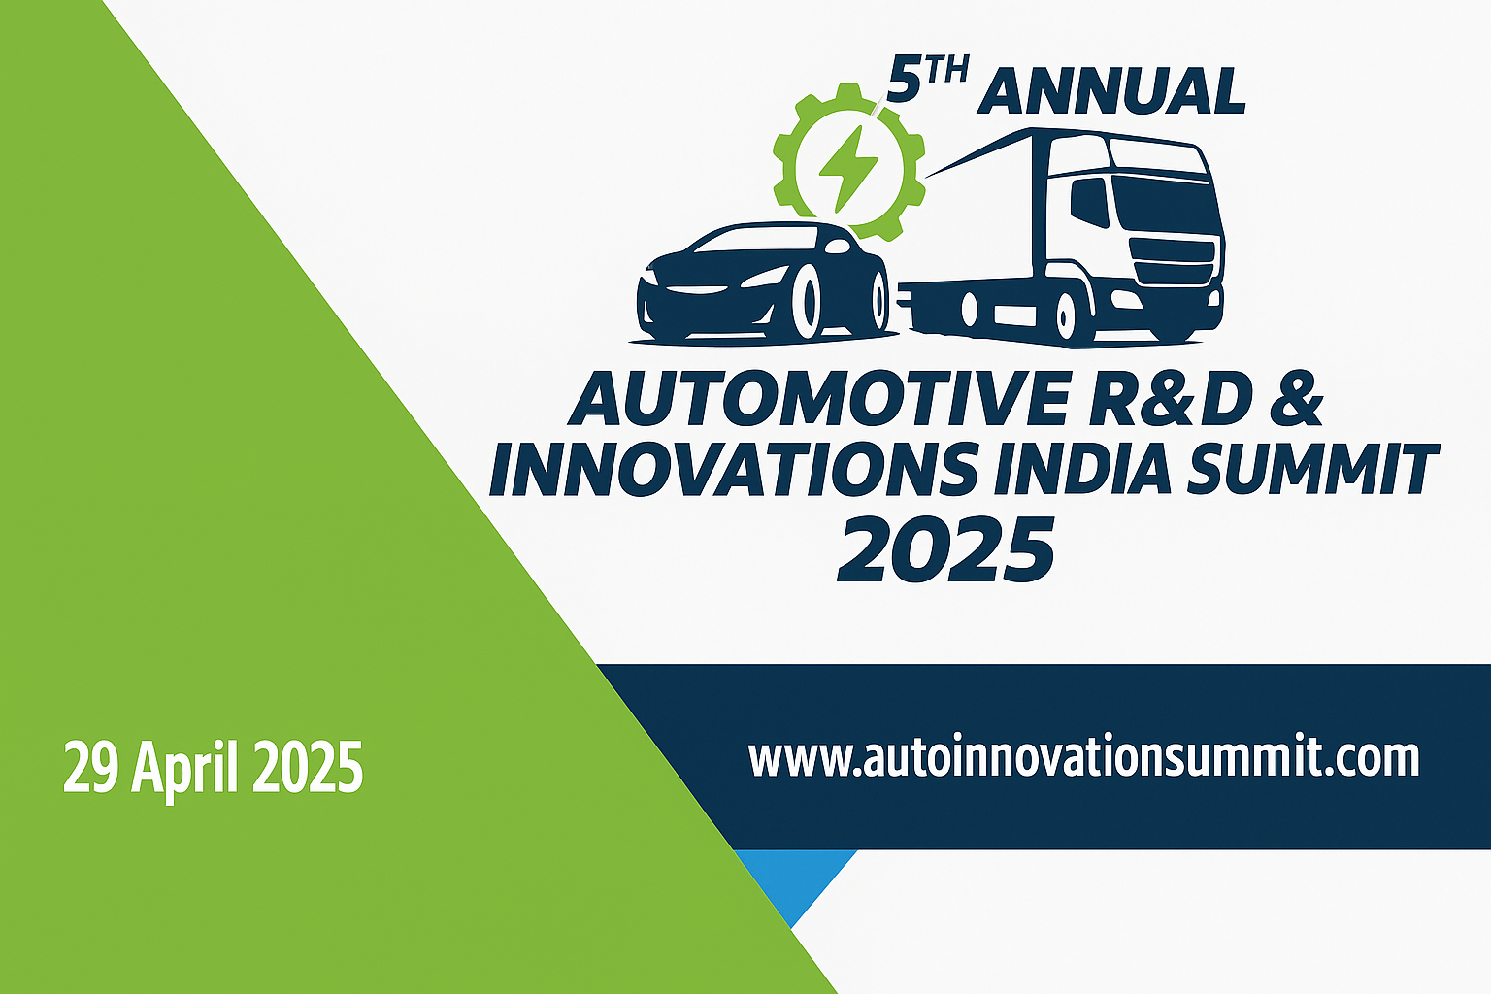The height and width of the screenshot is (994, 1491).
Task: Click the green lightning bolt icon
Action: (847, 169)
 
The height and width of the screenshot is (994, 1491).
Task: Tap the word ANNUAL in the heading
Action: (1110, 91)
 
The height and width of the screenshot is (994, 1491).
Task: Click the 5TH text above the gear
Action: (928, 80)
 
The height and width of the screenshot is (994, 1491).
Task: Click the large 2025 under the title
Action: (945, 549)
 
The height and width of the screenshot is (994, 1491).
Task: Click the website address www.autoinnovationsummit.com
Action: (1083, 758)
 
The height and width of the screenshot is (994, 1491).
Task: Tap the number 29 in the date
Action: (91, 766)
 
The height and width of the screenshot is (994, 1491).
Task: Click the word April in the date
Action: (184, 769)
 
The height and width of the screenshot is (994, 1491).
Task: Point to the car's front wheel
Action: (807, 302)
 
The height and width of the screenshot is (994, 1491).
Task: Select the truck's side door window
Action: (1089, 201)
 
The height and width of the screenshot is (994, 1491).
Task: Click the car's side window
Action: (755, 239)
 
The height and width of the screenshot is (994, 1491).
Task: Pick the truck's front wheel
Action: (1066, 315)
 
